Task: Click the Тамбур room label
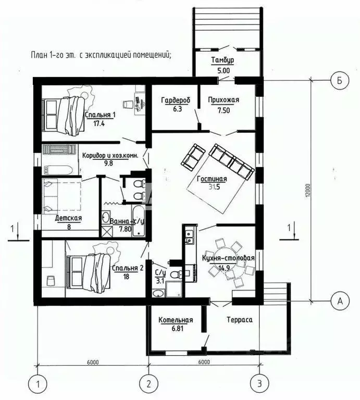[x=222, y=60]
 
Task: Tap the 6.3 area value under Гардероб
[x=176, y=109]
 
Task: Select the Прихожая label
[x=224, y=99]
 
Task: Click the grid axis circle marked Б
[x=340, y=80]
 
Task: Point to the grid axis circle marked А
[x=340, y=301]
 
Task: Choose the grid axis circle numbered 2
[x=149, y=383]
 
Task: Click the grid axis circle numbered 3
[x=259, y=383]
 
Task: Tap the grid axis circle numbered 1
[x=38, y=383]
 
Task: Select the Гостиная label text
[x=212, y=179]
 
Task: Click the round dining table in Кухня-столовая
[x=233, y=264]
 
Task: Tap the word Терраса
[x=240, y=320]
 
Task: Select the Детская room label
[x=69, y=218]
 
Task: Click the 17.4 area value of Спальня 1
[x=99, y=123]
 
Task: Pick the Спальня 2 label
[x=128, y=268]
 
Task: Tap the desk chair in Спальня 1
[x=128, y=104]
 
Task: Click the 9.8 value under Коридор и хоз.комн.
[x=108, y=163]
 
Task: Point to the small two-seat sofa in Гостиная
[x=193, y=157]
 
